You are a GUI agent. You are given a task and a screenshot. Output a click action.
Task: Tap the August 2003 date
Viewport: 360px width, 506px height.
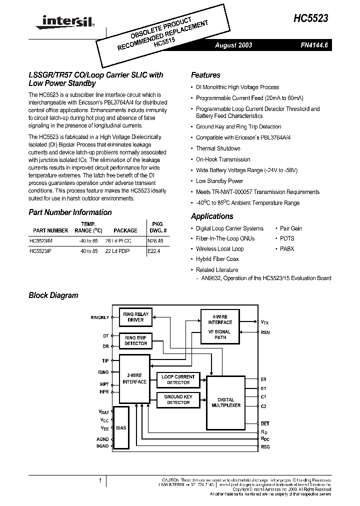point(233,45)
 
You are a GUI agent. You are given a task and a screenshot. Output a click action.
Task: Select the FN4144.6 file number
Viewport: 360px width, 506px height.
point(314,45)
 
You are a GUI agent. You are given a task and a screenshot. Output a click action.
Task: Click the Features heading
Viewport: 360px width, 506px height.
point(205,75)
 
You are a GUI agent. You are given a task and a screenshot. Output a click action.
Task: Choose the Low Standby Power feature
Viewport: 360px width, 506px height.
point(219,181)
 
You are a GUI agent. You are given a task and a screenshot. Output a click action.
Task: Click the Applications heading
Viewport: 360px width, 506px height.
point(212,216)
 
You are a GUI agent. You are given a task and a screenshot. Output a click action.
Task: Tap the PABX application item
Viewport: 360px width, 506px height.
point(287,249)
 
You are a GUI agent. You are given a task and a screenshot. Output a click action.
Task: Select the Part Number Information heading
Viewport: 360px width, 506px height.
point(70,212)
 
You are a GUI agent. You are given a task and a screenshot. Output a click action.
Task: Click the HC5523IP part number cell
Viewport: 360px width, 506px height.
point(41,251)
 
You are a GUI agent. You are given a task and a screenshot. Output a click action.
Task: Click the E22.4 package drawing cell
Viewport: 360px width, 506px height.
point(154,251)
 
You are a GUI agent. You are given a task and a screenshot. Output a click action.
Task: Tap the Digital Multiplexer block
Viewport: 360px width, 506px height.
point(225,402)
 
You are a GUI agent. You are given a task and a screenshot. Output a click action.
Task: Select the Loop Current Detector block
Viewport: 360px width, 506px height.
point(178,379)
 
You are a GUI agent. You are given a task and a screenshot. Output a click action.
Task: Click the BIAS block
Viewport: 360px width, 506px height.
point(120,428)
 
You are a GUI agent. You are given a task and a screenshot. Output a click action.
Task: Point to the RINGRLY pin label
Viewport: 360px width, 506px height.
point(99,317)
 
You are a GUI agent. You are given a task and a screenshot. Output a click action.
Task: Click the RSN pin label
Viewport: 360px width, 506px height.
point(265,332)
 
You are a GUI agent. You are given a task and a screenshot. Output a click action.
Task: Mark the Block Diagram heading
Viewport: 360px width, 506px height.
point(53,295)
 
